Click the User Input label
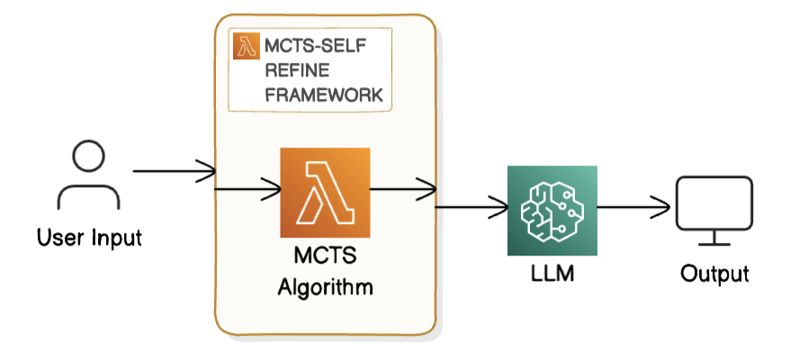[x=89, y=238]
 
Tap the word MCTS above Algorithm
[x=326, y=258]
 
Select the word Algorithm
[x=326, y=289]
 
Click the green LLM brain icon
[x=552, y=210]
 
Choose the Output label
[x=714, y=274]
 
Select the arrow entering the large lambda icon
[x=247, y=189]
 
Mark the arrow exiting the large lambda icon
[x=403, y=189]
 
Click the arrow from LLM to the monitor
[x=633, y=209]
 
